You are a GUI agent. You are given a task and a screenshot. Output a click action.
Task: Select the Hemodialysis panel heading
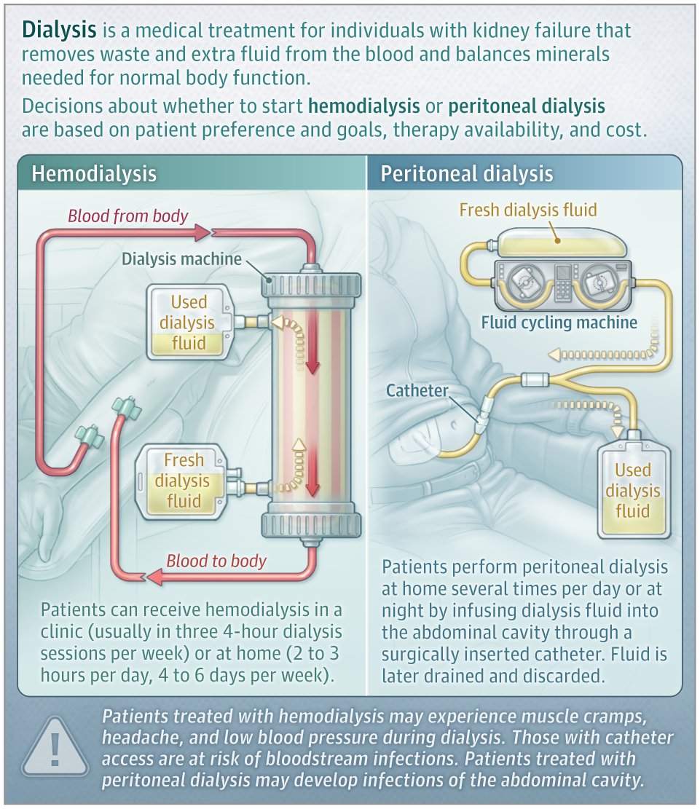click(94, 173)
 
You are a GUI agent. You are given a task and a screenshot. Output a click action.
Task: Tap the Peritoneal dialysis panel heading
click(467, 173)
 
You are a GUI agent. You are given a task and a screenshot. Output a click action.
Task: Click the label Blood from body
click(128, 216)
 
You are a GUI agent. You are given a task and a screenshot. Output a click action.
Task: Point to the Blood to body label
click(216, 561)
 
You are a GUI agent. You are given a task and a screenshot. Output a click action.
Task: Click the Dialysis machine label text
click(181, 259)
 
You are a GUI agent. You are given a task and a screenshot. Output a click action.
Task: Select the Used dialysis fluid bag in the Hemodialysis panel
click(189, 323)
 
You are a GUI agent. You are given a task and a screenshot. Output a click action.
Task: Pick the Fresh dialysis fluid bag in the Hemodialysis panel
click(183, 481)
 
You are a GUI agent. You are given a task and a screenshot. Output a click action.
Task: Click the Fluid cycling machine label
click(559, 322)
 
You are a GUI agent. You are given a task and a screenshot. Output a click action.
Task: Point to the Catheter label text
click(417, 390)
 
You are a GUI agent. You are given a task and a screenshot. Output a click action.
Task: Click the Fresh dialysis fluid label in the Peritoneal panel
click(528, 210)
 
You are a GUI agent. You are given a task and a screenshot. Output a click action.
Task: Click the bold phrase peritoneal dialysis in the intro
click(527, 106)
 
